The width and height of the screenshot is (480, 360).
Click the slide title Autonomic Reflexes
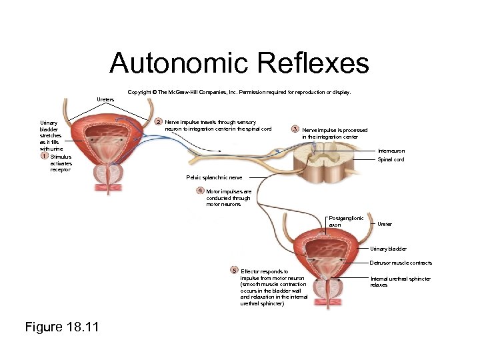point(239,63)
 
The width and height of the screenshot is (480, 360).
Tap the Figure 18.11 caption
point(61,327)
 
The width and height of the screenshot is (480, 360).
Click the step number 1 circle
point(43,156)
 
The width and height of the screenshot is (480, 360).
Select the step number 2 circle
point(158,122)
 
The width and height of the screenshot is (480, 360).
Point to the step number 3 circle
point(295,129)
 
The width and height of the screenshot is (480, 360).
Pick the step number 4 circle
point(199,191)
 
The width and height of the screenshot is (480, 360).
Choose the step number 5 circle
point(234,270)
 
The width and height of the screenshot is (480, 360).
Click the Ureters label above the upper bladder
point(105,99)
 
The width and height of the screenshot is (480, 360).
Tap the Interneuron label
point(391,151)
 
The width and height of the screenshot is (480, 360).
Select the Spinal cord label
point(391,160)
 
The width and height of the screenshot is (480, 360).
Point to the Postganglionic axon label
point(346,221)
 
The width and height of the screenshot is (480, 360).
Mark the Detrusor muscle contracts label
point(401,263)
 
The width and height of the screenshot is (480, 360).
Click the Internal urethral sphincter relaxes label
point(400,281)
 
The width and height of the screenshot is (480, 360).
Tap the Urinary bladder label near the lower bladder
point(388,249)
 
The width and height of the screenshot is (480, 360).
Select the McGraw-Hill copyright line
point(239,92)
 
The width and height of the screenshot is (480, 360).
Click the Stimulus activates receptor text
point(61,163)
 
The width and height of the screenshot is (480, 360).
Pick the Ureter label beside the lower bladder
point(385,225)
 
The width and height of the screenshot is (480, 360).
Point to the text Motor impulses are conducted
point(228,198)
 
